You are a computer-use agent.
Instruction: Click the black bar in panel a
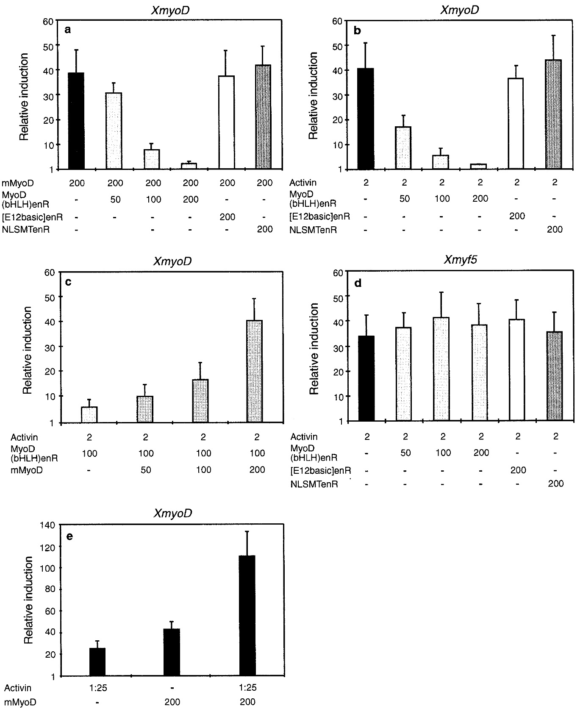coord(76,121)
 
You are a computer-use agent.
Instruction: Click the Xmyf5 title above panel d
coord(460,259)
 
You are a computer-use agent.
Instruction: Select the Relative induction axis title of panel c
coord(27,351)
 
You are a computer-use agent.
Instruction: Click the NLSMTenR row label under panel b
coord(311,230)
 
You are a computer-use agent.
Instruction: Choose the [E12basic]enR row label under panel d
coord(321,470)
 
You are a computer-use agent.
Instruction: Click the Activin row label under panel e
coord(18,687)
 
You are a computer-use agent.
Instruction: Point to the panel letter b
coord(357,30)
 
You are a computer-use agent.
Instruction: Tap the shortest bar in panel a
coord(189,166)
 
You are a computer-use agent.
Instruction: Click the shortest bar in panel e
coord(97,661)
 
